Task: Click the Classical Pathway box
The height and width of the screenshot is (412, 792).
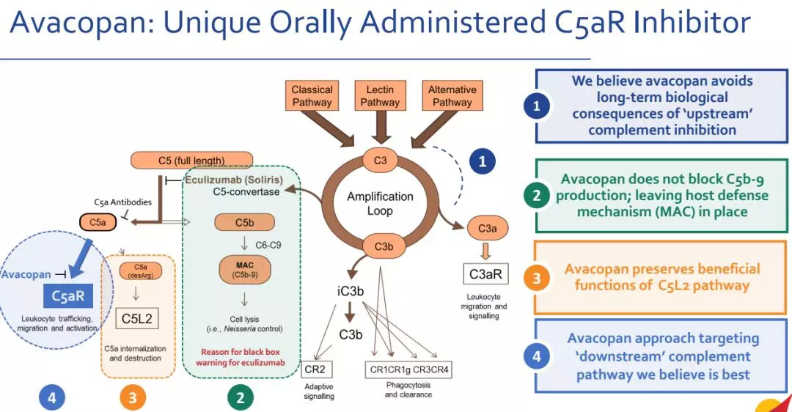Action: click(312, 96)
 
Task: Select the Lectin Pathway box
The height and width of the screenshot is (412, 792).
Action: click(380, 96)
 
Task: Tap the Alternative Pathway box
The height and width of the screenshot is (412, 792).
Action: click(452, 96)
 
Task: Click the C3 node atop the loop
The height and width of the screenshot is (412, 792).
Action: click(380, 159)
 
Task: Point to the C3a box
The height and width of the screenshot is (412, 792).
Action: click(488, 229)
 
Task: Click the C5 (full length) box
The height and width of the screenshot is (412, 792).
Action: click(191, 160)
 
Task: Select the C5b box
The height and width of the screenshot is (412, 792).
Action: click(244, 222)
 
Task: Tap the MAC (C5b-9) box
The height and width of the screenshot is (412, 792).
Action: click(244, 271)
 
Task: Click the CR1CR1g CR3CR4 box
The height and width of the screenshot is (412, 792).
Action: click(408, 369)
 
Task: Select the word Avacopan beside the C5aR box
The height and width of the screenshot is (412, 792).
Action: click(26, 274)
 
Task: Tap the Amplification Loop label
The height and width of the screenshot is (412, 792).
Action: click(380, 203)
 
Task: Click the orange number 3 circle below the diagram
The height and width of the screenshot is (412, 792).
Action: click(133, 397)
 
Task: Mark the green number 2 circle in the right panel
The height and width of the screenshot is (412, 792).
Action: click(537, 196)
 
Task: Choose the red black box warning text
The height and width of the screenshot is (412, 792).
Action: click(241, 357)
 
